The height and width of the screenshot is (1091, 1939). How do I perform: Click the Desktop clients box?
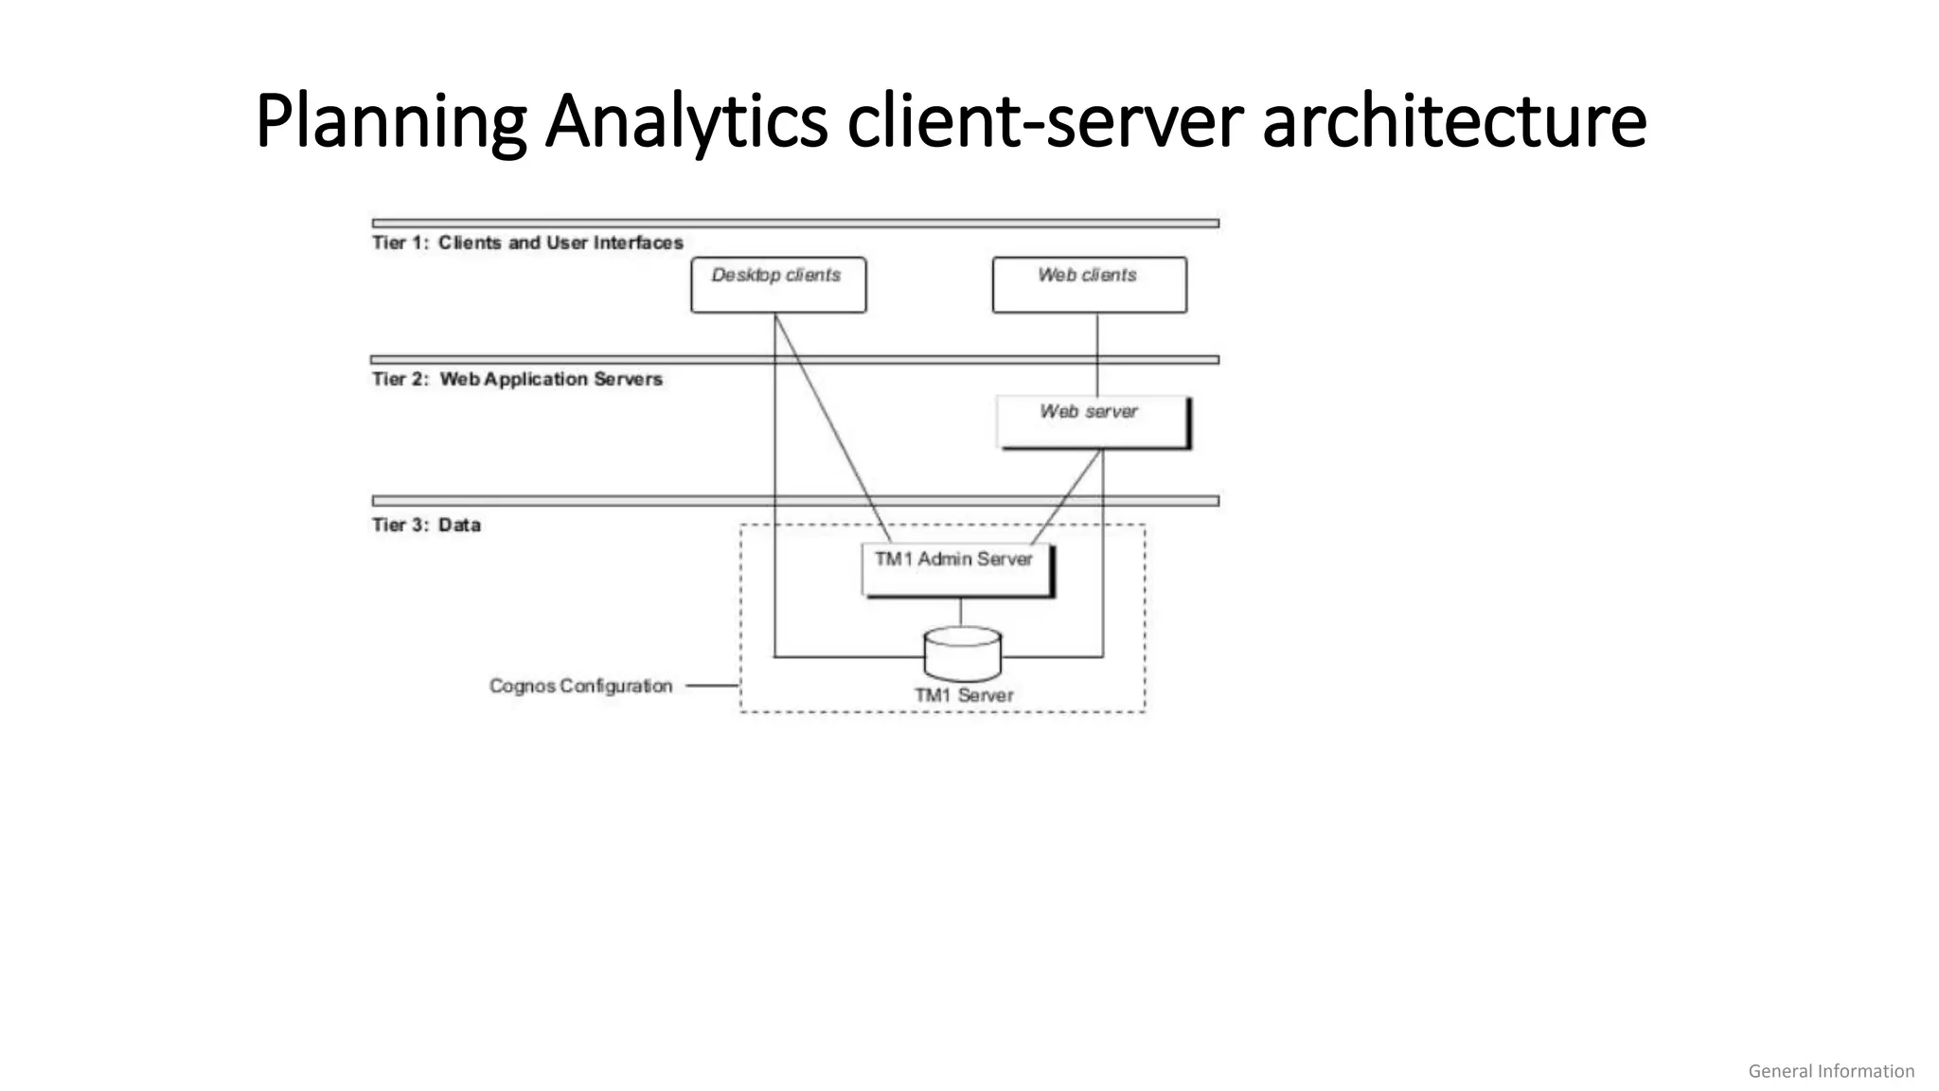click(x=778, y=284)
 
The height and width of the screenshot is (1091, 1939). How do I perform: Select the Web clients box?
click(x=1089, y=284)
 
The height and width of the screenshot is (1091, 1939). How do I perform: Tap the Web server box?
click(x=1093, y=421)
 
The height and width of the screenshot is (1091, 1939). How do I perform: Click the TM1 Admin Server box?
click(x=956, y=569)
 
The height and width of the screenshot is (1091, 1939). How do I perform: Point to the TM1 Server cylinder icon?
click(x=962, y=653)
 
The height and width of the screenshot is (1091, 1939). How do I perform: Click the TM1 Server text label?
click(x=964, y=695)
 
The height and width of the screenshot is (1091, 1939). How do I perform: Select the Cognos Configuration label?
click(x=580, y=686)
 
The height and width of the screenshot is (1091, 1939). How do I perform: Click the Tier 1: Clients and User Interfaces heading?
click(x=527, y=243)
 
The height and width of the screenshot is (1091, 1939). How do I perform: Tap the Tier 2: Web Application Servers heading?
click(x=517, y=380)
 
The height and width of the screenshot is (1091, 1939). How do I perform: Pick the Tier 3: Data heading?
click(x=426, y=526)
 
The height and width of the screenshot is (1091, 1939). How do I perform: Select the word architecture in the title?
click(x=1454, y=121)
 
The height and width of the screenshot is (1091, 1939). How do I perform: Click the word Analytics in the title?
click(x=686, y=121)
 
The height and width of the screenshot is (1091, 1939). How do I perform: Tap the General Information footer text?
click(x=1830, y=1071)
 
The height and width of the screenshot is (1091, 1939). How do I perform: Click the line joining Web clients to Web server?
click(x=1097, y=355)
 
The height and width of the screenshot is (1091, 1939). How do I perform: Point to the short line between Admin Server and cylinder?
click(x=961, y=612)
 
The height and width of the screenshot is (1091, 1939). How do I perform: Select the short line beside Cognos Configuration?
click(x=712, y=685)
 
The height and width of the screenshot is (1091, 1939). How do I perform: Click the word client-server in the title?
click(x=1045, y=121)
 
